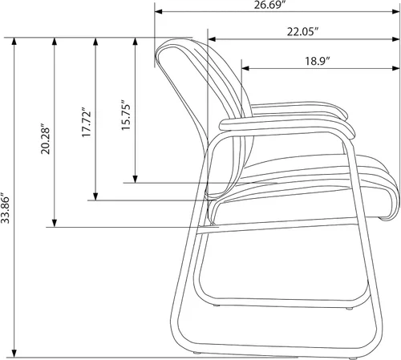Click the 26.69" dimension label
click(x=268, y=5)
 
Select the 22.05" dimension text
click(x=303, y=31)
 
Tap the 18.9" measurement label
click(x=318, y=61)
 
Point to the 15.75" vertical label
click(x=126, y=115)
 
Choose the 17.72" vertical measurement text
click(x=86, y=123)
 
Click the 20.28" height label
click(x=45, y=139)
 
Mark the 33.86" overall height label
click(x=5, y=208)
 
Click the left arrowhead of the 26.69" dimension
click(x=159, y=11)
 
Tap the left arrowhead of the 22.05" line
click(x=212, y=39)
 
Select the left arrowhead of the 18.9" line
click(x=245, y=68)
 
